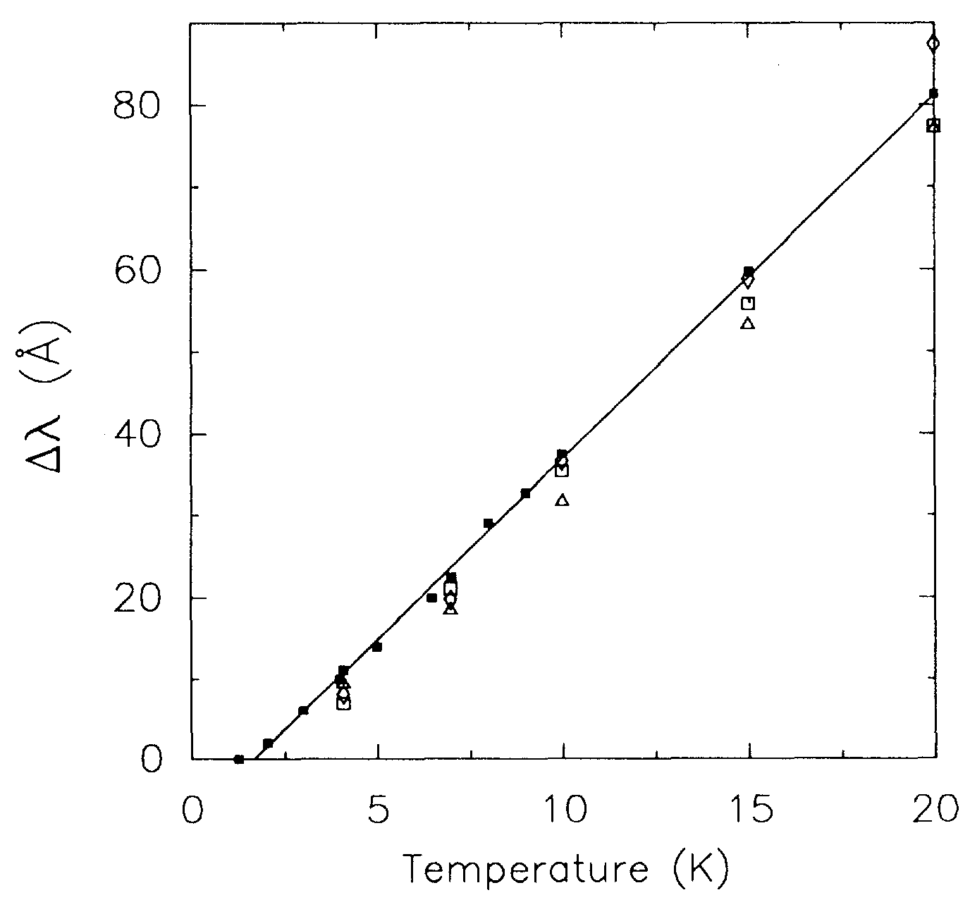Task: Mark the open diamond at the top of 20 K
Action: coord(933,44)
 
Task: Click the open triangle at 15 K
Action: coord(748,323)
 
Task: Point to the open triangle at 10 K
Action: coord(562,500)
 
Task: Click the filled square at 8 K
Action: coord(488,523)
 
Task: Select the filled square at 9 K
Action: coord(525,493)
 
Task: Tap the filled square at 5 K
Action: coord(376,647)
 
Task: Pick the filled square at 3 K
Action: coord(303,710)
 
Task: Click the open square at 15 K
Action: coord(748,304)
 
